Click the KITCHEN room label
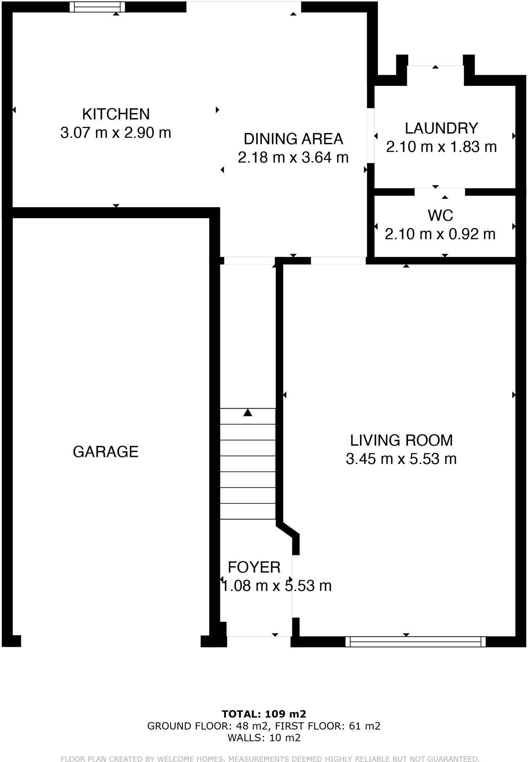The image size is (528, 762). [x=116, y=114]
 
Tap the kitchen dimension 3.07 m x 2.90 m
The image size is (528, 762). [x=116, y=133]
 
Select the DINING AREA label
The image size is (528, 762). [x=293, y=139]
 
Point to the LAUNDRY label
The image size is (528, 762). [x=441, y=128]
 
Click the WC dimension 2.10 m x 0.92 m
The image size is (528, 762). [x=440, y=234]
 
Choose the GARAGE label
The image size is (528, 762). [x=106, y=452]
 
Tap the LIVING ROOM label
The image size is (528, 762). [x=401, y=441]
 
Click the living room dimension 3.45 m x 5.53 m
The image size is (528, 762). [x=401, y=459]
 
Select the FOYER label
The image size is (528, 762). [x=254, y=567]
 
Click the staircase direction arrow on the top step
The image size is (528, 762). [x=248, y=413]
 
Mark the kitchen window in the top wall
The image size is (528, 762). [x=98, y=7]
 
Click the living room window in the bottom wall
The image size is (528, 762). [x=416, y=641]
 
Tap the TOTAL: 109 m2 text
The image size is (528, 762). [x=264, y=714]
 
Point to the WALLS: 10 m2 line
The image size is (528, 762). [x=264, y=738]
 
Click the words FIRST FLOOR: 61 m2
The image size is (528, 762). [x=328, y=726]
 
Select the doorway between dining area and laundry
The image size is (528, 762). [x=371, y=136]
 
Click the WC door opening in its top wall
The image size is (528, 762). [x=440, y=192]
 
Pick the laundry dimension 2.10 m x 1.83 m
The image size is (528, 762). [x=441, y=147]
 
